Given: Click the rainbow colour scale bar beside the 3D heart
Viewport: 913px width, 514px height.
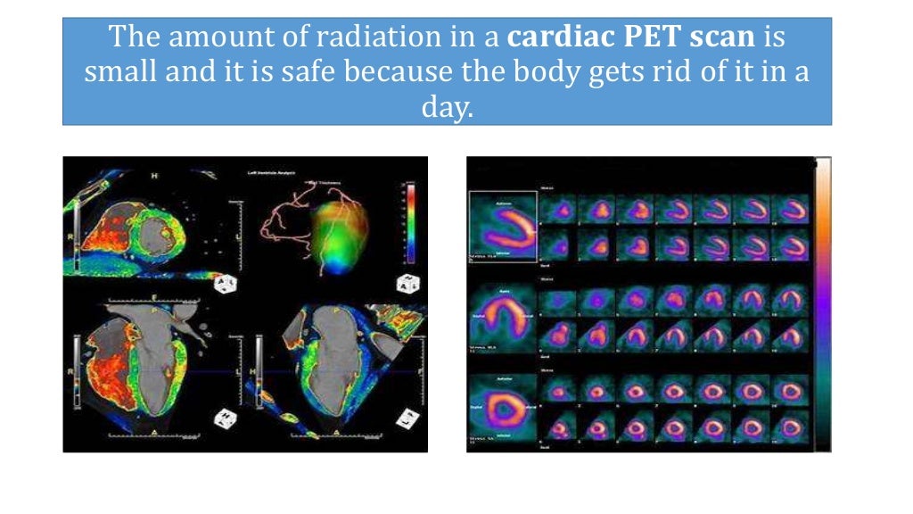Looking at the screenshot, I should click(x=411, y=223).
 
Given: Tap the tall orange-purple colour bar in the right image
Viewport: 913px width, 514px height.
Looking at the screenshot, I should click(x=823, y=303).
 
